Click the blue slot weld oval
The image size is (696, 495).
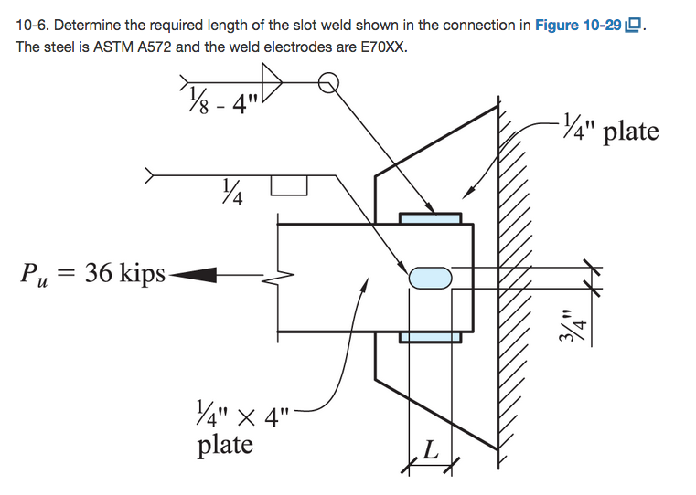pos(429,277)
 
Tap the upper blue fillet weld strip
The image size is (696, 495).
pos(430,218)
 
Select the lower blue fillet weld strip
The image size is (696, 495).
pos(430,338)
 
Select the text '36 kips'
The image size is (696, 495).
pos(125,273)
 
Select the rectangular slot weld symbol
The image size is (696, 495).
pos(287,186)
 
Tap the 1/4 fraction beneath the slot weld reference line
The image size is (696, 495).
pos(232,194)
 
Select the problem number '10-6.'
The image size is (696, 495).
pos(33,26)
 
